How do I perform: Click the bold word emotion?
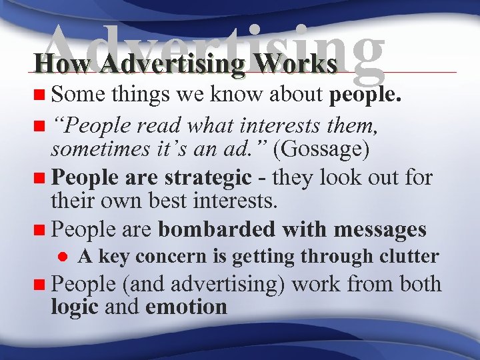186,307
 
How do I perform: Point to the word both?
421,284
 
